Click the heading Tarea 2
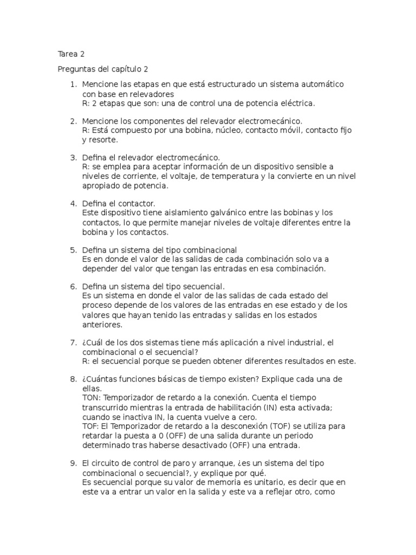pyautogui.click(x=71, y=54)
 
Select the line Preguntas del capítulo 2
pyautogui.click(x=102, y=69)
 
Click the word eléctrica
pyautogui.click(x=295, y=102)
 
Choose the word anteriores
pyautogui.click(x=102, y=325)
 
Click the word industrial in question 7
pyautogui.click(x=303, y=343)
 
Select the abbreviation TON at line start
pyautogui.click(x=91, y=398)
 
